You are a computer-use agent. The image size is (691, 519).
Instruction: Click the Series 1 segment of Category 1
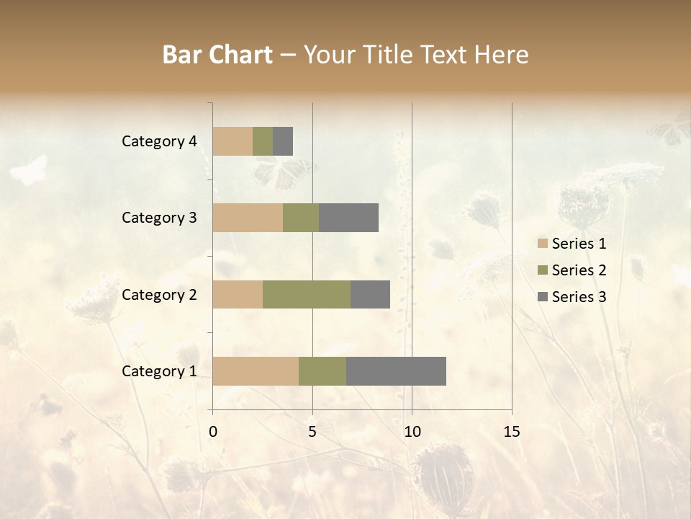[x=256, y=371]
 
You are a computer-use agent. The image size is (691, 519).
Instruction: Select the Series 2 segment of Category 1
[x=322, y=371]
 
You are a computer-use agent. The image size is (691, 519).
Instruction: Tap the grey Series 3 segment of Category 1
[x=396, y=371]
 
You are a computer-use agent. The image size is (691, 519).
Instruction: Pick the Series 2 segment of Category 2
[x=307, y=294]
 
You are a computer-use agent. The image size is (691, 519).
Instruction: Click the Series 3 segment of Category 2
[x=370, y=294]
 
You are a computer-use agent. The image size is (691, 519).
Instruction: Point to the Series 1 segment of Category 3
[x=248, y=218]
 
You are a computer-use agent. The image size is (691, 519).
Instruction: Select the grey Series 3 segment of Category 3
[x=348, y=218]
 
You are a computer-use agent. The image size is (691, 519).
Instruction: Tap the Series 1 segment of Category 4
[x=232, y=141]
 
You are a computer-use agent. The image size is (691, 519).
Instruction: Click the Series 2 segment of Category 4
[x=263, y=141]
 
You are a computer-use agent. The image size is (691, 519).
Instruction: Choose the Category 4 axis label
[x=159, y=141]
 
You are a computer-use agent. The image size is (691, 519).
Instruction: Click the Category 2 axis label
[x=159, y=294]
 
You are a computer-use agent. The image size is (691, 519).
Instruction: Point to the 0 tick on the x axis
[x=213, y=432]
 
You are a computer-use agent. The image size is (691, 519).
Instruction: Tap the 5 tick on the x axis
[x=312, y=432]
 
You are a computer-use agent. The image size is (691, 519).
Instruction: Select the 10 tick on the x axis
[x=412, y=432]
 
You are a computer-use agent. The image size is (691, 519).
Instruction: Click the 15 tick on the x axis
[x=511, y=432]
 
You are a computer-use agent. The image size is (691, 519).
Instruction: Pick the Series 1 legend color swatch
[x=542, y=244]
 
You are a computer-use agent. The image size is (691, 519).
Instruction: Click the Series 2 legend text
[x=579, y=270]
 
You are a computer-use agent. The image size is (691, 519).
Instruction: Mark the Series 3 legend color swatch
[x=542, y=297]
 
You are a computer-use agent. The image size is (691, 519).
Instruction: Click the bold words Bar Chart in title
[x=217, y=55]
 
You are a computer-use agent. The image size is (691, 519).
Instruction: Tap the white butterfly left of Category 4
[x=30, y=170]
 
